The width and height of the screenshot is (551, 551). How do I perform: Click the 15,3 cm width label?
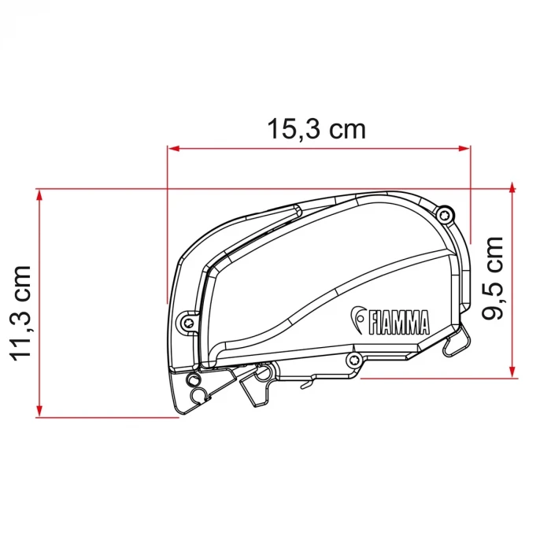(316, 129)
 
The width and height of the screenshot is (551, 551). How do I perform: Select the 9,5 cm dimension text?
(494, 279)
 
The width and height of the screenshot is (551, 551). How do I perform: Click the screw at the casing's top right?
(446, 213)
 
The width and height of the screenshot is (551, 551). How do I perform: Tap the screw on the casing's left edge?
(187, 321)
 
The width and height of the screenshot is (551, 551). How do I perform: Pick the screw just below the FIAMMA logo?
(354, 361)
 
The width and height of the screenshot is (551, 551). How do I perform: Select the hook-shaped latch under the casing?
(257, 385)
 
